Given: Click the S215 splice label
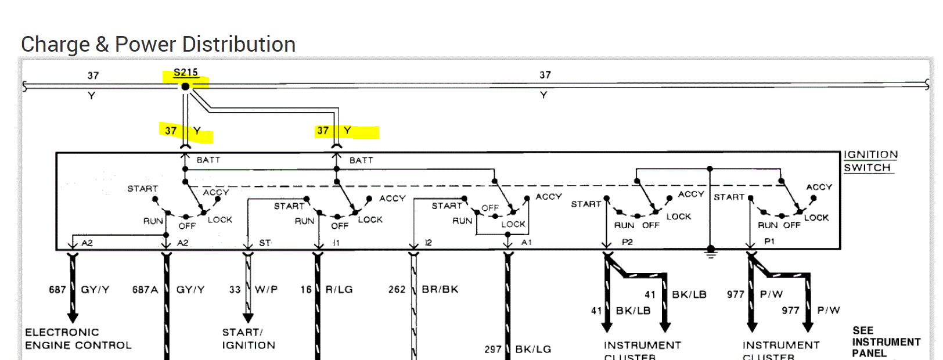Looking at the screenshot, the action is [x=186, y=73].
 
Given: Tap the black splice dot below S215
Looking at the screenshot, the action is [x=185, y=87].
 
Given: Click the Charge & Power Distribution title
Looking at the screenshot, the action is [x=158, y=44].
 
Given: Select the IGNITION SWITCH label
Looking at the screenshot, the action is [x=870, y=161].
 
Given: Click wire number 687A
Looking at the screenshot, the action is [x=145, y=289].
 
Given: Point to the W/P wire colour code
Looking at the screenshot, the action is [x=266, y=289].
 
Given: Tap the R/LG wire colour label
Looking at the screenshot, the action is [x=339, y=289].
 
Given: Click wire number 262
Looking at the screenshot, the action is [x=397, y=289].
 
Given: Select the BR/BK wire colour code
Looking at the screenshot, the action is [x=440, y=289].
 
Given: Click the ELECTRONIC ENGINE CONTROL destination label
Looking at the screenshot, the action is [x=78, y=339].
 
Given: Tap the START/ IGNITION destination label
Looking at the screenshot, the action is [x=249, y=339].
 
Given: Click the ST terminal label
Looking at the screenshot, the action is [x=265, y=243].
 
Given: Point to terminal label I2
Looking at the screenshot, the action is [x=428, y=243].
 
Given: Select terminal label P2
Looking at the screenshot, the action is [x=627, y=242].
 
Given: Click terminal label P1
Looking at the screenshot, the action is [x=769, y=242].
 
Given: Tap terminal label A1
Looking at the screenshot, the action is [x=526, y=243].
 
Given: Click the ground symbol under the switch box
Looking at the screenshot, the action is [x=710, y=253].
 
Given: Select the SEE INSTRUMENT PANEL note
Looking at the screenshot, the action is [x=886, y=341].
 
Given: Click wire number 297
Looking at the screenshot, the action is [x=492, y=349].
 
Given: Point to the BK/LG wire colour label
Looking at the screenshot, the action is [x=533, y=349].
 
